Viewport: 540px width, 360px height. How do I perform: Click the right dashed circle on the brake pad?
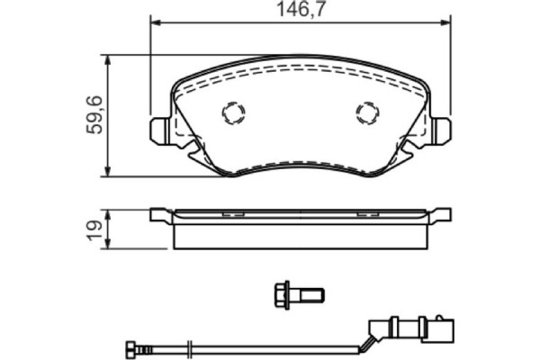tap(367, 112)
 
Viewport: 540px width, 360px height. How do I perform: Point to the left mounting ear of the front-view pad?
tap(159, 131)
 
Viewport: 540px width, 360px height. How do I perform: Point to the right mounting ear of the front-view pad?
tap(440, 131)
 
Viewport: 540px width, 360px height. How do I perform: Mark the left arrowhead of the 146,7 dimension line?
tap(154, 24)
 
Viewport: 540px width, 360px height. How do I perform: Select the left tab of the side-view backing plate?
tap(160, 214)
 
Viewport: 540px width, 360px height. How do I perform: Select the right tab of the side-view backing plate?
tap(440, 214)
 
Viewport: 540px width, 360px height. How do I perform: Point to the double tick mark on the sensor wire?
tap(188, 348)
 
